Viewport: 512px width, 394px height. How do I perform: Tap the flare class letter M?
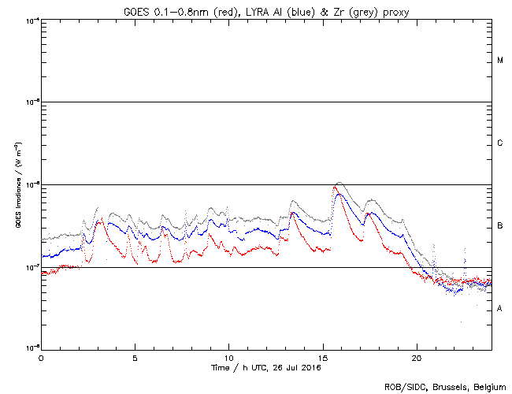click(x=500, y=61)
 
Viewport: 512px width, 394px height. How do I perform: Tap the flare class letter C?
click(x=500, y=143)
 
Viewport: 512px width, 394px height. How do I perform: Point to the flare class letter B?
click(x=500, y=226)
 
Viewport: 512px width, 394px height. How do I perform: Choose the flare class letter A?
click(x=500, y=309)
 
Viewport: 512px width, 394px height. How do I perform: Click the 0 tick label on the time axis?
click(x=41, y=358)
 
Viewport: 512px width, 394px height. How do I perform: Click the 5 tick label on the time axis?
click(x=135, y=358)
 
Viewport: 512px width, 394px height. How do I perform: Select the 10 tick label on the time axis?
click(x=228, y=358)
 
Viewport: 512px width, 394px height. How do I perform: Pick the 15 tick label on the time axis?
click(x=322, y=358)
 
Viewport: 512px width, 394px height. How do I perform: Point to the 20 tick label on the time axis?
click(x=416, y=358)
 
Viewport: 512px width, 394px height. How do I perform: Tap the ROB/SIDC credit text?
click(x=403, y=386)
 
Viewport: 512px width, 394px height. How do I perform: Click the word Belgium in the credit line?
click(x=488, y=386)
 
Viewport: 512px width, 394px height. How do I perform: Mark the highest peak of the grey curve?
click(x=339, y=182)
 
